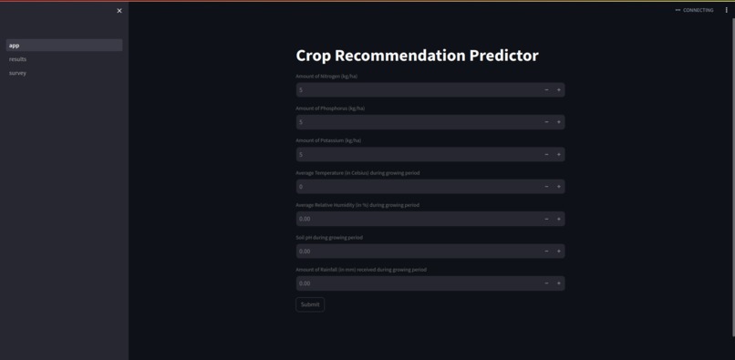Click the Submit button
pos(310,304)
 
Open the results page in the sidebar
pos(18,59)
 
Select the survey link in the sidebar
pos(18,73)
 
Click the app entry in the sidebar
pos(15,46)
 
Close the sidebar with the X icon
pos(119,11)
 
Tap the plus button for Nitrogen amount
pos(559,89)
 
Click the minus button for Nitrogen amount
pos(546,89)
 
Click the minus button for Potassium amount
pos(546,154)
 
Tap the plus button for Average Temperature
pos(559,186)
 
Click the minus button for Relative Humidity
pos(546,219)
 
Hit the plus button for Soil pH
pos(559,251)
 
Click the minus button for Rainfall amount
pos(546,283)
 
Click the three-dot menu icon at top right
pos(727,10)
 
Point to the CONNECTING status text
pos(698,10)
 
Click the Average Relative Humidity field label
pos(357,205)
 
